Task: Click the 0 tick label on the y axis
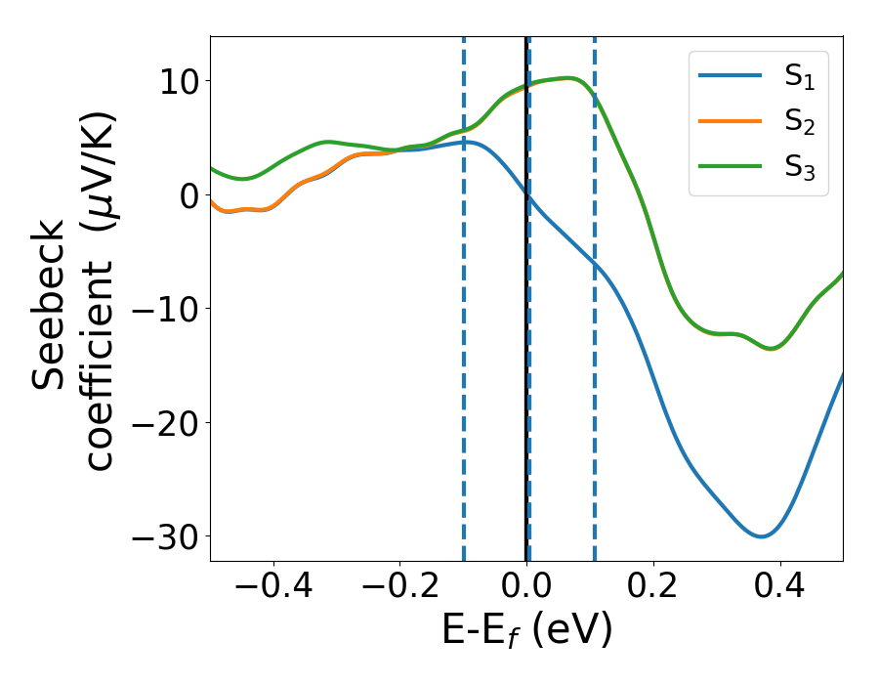point(188,195)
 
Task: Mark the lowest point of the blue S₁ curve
point(761,536)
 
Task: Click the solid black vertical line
point(525,391)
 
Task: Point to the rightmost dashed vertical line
point(594,391)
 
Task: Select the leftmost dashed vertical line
point(463,391)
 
